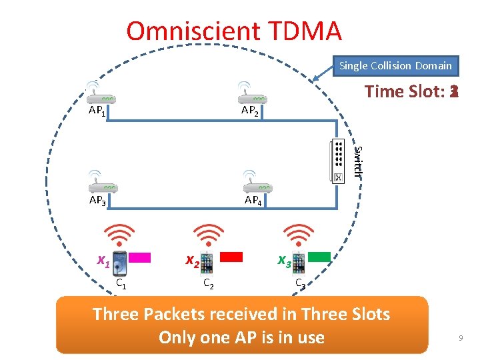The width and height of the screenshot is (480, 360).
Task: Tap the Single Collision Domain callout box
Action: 395,65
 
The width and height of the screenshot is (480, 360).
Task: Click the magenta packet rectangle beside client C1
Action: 140,257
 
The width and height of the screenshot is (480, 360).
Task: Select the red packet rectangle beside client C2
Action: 231,257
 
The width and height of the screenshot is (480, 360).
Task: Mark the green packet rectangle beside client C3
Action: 319,256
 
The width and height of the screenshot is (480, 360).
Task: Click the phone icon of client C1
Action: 121,263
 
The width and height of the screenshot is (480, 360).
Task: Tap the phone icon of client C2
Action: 208,263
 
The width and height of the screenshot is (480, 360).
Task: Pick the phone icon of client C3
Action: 299,263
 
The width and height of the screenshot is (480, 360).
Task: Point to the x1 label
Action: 103,261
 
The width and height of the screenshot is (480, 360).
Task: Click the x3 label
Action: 284,261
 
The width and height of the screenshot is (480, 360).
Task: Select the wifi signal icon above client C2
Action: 209,235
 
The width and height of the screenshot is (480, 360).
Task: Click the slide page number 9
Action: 460,339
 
